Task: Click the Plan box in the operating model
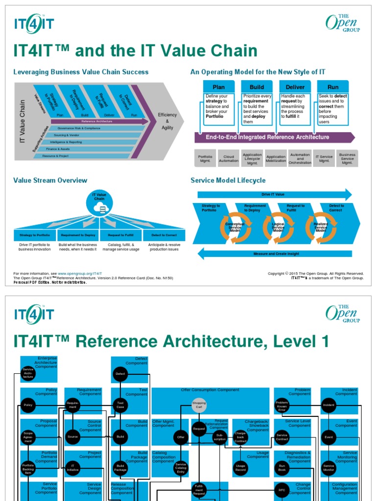pos(218,87)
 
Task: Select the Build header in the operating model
pos(257,87)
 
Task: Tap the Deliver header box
pos(295,87)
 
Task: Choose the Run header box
pos(333,87)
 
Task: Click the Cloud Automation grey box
pos(229,159)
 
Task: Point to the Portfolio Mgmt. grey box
pos(205,159)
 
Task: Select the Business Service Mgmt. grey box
pos(347,159)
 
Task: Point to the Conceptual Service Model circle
pos(235,227)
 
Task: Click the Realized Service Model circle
pos(321,227)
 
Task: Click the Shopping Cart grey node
pos(199,405)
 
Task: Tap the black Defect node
pos(120,374)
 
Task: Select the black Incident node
pos(329,405)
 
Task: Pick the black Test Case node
pos(120,405)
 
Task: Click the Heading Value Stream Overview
pos(50,181)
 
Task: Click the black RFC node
pos(282,490)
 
